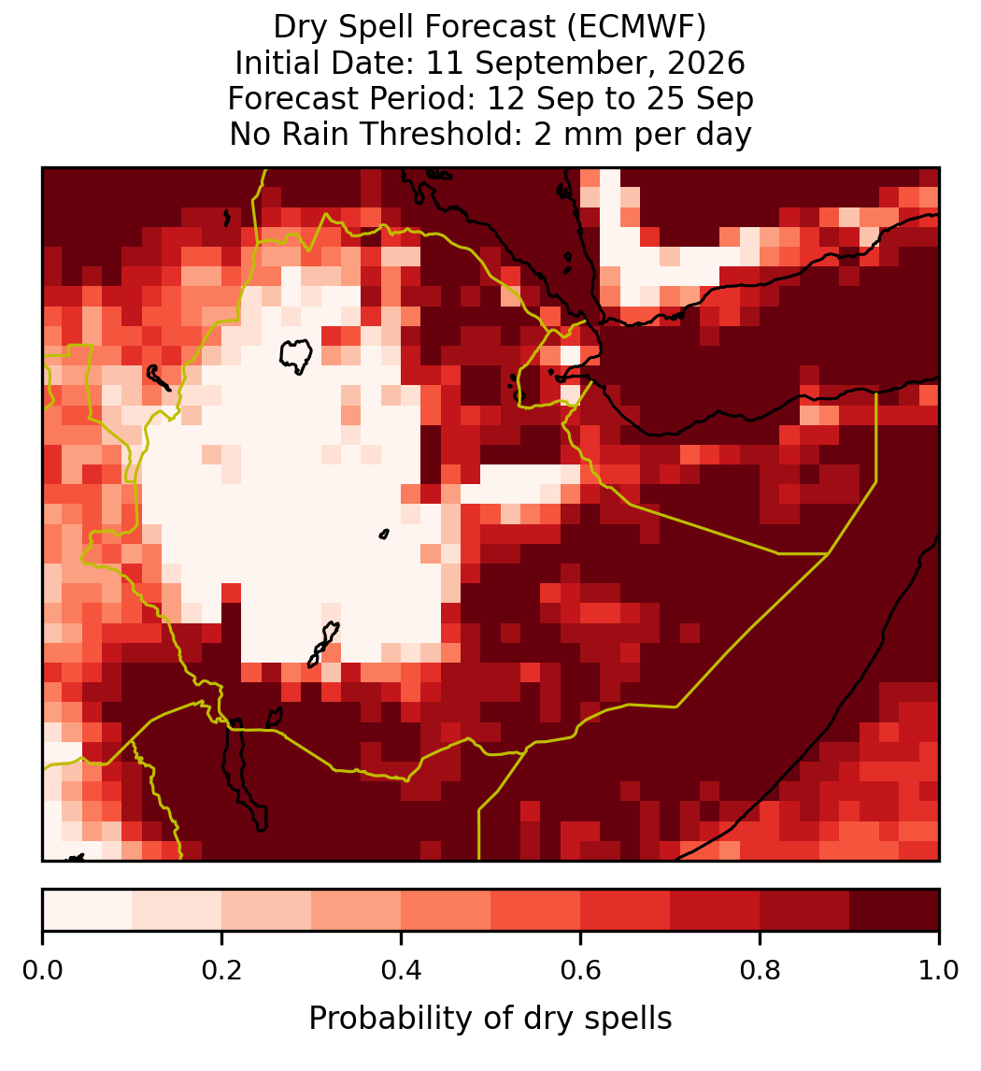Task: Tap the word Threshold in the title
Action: click(x=451, y=134)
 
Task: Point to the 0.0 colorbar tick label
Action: click(x=43, y=970)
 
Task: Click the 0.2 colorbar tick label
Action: click(x=221, y=970)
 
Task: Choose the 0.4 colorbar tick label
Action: click(x=402, y=970)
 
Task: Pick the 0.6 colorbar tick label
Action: click(x=581, y=970)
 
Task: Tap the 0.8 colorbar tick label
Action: click(x=761, y=970)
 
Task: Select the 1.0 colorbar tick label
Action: click(x=939, y=970)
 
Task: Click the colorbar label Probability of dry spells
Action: click(x=490, y=1019)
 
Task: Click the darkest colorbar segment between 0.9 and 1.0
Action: click(x=895, y=910)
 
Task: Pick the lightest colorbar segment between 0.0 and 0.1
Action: click(x=88, y=910)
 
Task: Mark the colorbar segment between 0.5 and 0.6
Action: click(x=536, y=910)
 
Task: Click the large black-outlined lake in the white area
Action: click(x=296, y=356)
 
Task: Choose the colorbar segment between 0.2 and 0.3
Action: click(x=267, y=910)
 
